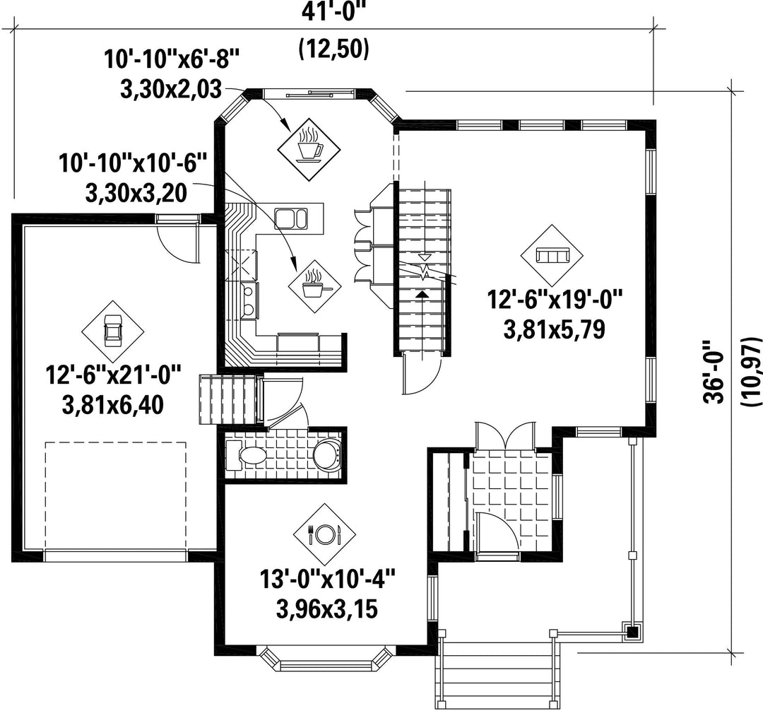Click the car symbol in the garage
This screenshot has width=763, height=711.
coord(112,331)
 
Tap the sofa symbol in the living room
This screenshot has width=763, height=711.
coord(552,255)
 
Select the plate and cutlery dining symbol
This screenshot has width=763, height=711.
coord(324,534)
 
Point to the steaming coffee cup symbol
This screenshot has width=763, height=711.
coord(309,143)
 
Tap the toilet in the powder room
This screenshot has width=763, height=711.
coord(247,456)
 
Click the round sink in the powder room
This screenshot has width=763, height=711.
coord(326,454)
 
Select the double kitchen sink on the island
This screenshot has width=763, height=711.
coord(291,218)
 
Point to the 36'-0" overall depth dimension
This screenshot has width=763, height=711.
coord(714,371)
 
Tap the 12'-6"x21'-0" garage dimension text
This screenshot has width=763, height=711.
coord(113,375)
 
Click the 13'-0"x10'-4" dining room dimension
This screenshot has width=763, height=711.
coord(327,580)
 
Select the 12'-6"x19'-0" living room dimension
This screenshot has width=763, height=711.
coord(555,299)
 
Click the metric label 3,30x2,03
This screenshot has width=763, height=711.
coord(171,90)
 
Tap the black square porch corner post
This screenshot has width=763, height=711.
coord(632,633)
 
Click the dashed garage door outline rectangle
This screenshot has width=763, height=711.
coord(115,495)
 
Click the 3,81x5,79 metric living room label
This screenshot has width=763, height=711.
coord(555,329)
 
